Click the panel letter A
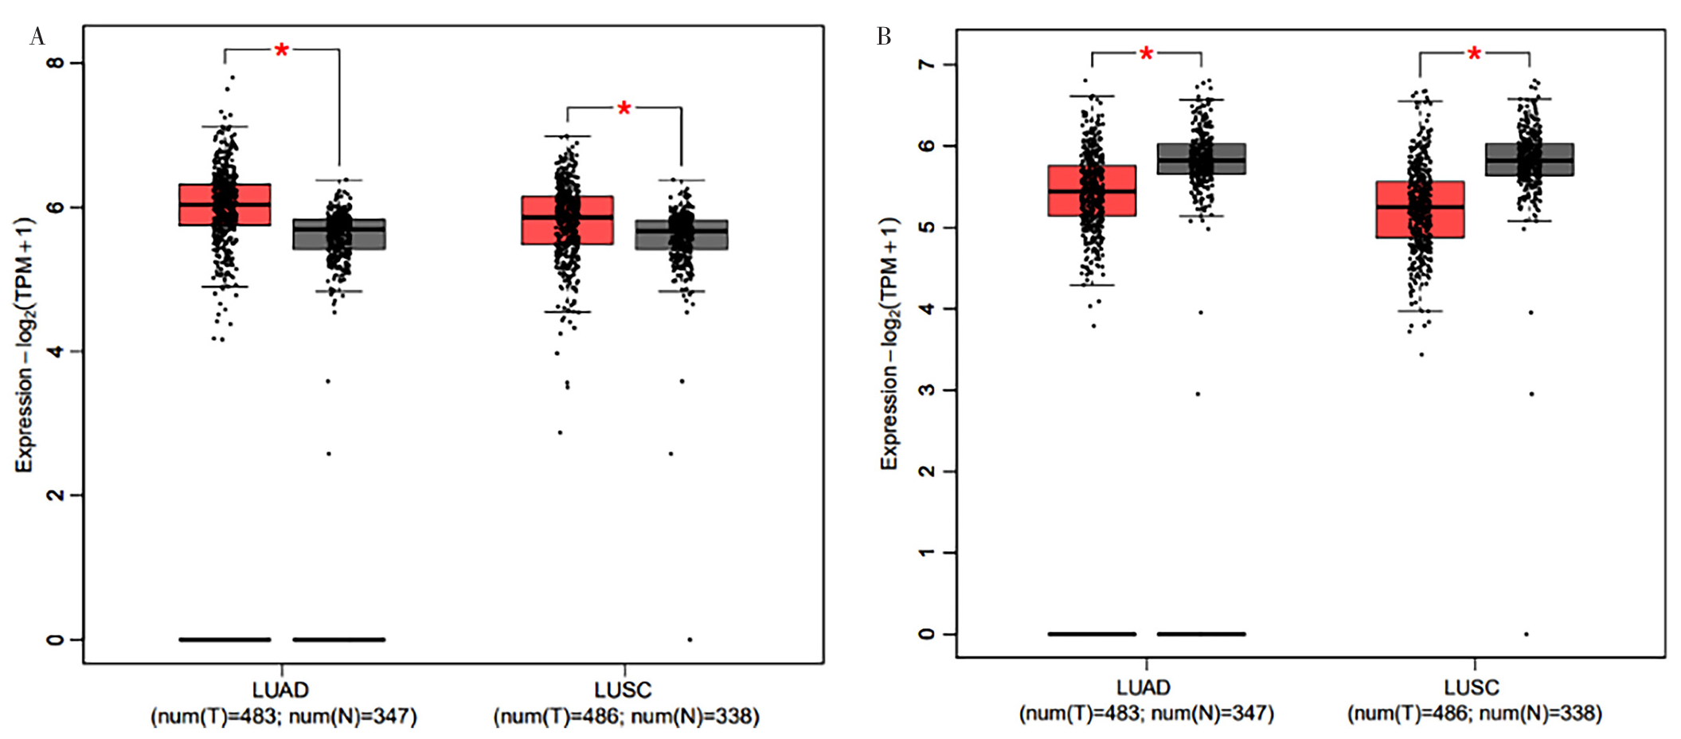[x=37, y=37]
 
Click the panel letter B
[x=883, y=37]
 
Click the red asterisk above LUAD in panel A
[x=281, y=51]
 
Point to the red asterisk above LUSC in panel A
[x=624, y=108]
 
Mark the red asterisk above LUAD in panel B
[x=1146, y=54]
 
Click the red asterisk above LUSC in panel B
[x=1474, y=53]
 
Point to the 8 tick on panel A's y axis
[x=56, y=63]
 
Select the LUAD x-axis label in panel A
[x=280, y=690]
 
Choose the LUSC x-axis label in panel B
[x=1472, y=688]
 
